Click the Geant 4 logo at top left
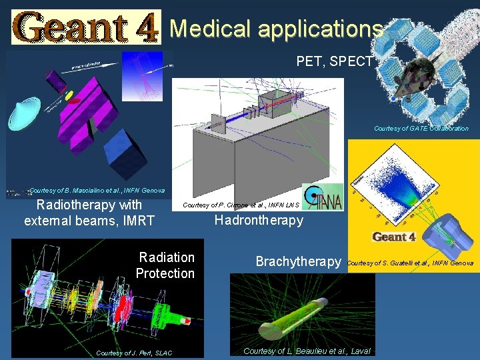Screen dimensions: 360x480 coord(86,27)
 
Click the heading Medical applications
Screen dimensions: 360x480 coord(276,29)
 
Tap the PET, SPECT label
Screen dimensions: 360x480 coord(334,62)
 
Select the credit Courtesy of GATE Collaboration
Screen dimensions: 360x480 coord(421,128)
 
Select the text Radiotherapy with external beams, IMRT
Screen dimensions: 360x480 coord(89,213)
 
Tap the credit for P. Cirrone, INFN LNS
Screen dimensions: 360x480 coord(239,205)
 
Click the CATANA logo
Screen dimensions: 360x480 coord(323,197)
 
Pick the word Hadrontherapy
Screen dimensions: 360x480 coord(259,220)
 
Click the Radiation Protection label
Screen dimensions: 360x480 coord(165,265)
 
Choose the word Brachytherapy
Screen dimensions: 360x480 coord(299,262)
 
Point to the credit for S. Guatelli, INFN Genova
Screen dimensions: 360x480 coord(410,263)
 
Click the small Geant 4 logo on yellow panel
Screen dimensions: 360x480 coord(393,237)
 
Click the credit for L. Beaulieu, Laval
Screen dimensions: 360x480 coord(306,351)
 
